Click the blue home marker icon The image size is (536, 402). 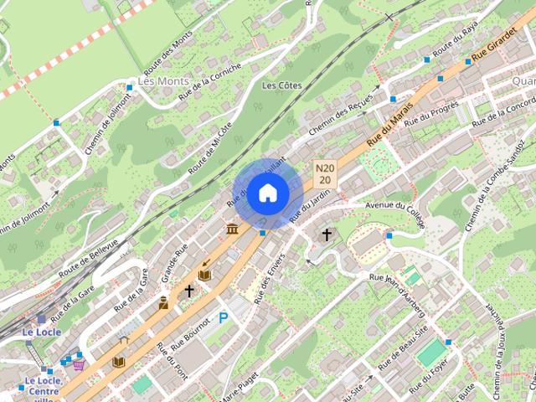coord(267,193)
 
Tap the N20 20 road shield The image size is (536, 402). coord(325,174)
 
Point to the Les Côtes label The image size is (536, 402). coord(281,85)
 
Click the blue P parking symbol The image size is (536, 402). coord(223,317)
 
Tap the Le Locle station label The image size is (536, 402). coord(39,332)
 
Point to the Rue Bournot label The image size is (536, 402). coord(190,333)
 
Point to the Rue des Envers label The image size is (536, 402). coord(270,276)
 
